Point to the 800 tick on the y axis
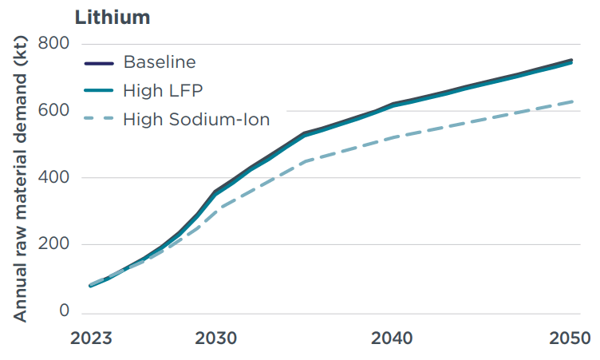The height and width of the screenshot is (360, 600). tap(53, 44)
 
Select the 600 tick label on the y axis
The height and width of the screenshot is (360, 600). tap(53, 111)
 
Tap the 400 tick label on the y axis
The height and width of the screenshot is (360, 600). tap(53, 178)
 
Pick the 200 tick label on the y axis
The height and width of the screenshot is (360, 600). tap(53, 245)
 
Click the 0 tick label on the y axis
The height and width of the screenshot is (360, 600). tap(64, 312)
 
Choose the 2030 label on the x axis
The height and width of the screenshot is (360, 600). tap(215, 338)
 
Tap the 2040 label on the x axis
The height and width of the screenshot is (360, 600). tap(393, 338)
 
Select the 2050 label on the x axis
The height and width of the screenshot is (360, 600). tap(569, 338)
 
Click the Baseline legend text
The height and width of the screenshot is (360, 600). tap(160, 62)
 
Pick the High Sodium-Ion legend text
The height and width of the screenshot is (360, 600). tap(196, 119)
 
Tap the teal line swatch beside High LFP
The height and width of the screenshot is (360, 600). tap(100, 91)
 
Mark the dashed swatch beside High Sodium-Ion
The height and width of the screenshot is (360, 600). tap(100, 120)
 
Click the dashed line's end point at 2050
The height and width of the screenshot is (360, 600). tap(572, 101)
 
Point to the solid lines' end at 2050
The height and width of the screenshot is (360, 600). tap(572, 61)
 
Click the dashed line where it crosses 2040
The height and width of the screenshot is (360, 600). tap(393, 137)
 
